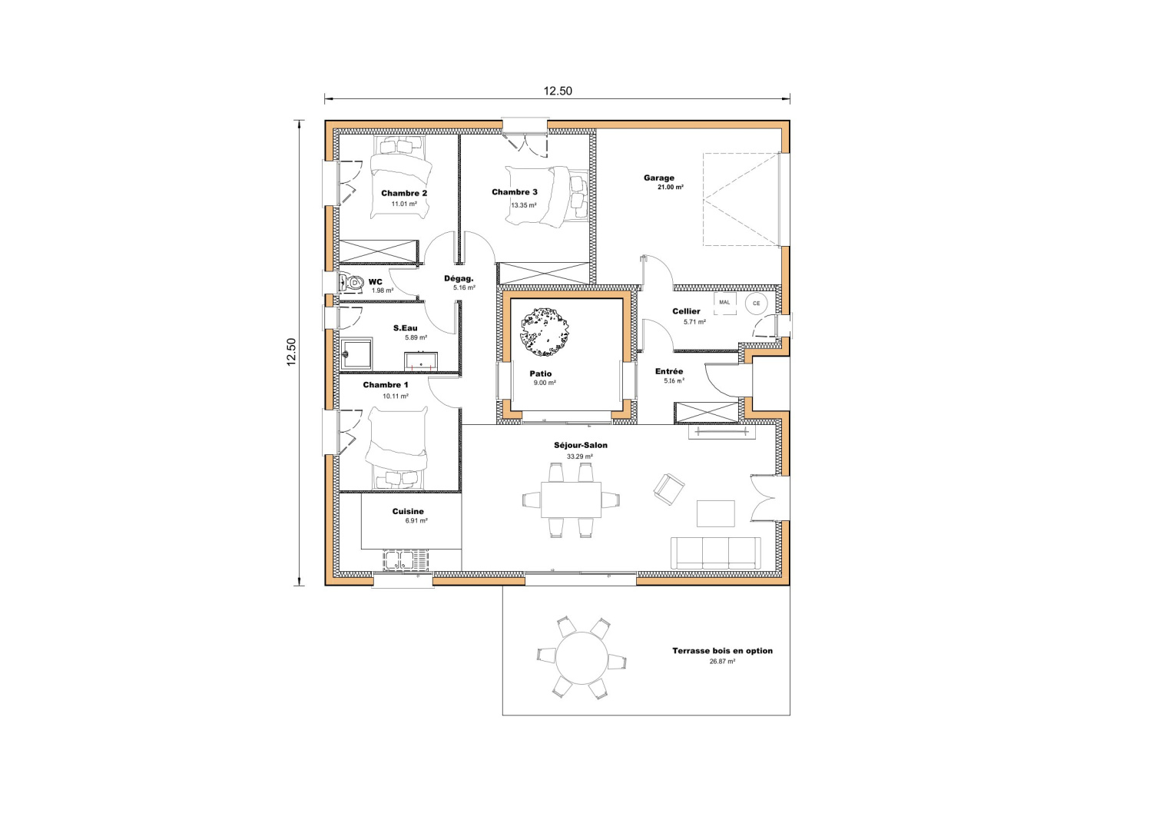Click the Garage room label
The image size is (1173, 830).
click(658, 178)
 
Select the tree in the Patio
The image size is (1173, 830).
click(546, 332)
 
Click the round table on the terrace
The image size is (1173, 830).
click(582, 658)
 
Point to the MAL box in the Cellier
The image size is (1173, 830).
click(725, 303)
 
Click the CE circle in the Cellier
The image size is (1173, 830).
click(757, 304)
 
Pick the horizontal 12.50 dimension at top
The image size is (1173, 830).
click(558, 91)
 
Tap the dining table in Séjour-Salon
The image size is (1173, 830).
click(571, 500)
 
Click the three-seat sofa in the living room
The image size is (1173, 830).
click(716, 553)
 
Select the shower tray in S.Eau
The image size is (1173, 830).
click(357, 354)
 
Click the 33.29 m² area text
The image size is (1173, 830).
click(579, 456)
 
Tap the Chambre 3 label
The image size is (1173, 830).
click(515, 192)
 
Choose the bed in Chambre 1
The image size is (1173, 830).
click(396, 447)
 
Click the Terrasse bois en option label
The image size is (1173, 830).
click(722, 651)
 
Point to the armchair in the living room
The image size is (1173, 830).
click(668, 489)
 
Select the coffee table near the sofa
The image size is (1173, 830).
click(715, 513)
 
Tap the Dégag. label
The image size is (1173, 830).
click(459, 278)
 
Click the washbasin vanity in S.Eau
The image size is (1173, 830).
click(421, 360)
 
